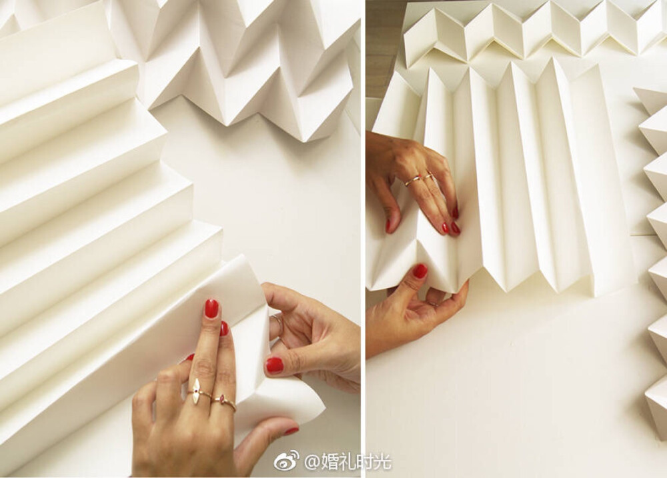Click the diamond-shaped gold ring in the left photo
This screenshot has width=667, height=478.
(196, 391)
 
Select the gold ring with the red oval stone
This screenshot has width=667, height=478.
(224, 401)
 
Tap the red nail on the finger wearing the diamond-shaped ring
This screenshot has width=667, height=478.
(211, 308)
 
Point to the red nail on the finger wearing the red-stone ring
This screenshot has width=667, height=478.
(224, 329)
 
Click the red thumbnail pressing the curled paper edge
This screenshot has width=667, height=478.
(274, 365)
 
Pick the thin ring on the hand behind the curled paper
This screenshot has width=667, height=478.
(278, 323)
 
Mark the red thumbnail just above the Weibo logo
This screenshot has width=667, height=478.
(292, 431)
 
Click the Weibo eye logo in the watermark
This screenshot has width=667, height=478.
(286, 461)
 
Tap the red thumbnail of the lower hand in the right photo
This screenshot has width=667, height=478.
(420, 271)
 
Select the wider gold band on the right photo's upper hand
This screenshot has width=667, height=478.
(413, 180)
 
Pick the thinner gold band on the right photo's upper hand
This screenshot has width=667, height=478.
(428, 175)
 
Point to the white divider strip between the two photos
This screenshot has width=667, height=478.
(363, 239)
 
